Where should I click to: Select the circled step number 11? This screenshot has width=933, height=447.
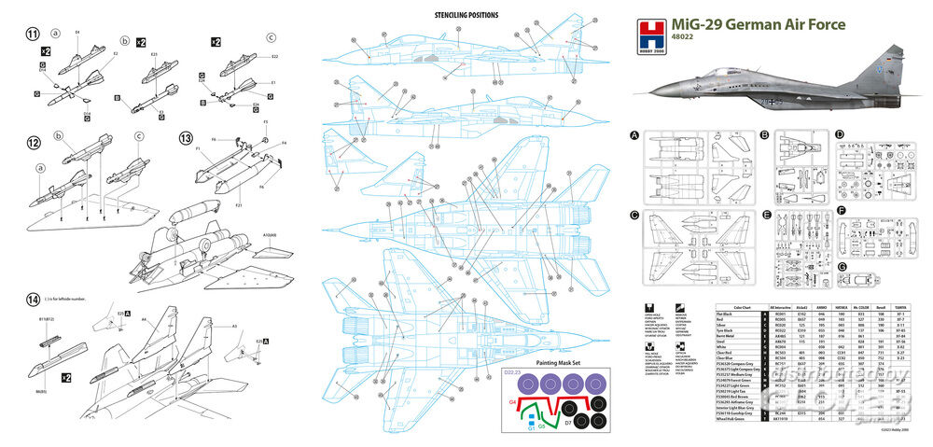click(33, 35)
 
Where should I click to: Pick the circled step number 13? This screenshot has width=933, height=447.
click(186, 138)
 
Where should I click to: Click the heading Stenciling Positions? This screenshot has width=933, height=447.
click(466, 15)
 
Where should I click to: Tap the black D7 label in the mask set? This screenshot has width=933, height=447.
click(566, 422)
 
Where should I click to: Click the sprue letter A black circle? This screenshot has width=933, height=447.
click(635, 136)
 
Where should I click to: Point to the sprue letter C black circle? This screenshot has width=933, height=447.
click(635, 216)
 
